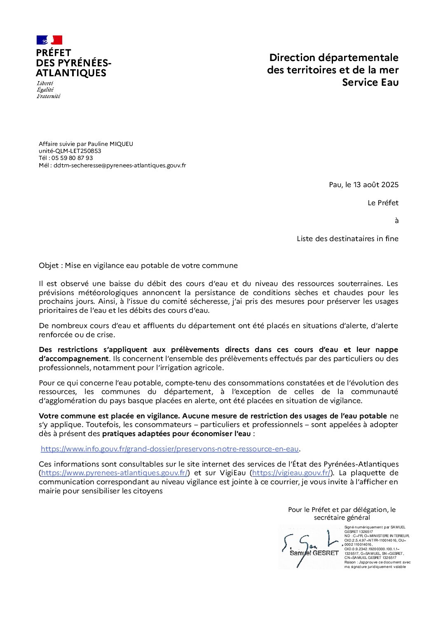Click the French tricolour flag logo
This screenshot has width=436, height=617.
tap(49, 40)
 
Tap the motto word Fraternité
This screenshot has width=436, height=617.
tap(48, 96)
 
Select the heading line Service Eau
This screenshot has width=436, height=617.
tap(370, 82)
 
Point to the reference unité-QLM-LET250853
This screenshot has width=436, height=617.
tap(70, 151)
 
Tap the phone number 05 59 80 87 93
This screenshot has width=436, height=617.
tap(72, 158)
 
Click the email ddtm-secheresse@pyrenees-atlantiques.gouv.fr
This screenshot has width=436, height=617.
tap(120, 165)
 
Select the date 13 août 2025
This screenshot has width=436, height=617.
tap(376, 185)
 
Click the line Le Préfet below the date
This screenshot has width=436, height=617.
tap(383, 203)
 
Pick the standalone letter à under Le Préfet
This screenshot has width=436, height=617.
tap(396, 221)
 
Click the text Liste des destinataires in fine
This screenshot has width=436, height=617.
tap(347, 239)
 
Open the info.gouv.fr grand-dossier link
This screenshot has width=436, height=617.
tap(169, 449)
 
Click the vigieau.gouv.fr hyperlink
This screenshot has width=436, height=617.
tap(291, 473)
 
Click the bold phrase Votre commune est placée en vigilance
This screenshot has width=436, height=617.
tap(109, 416)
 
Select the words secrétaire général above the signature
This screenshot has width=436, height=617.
tap(342, 518)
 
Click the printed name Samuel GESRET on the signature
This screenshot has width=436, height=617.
tap(314, 553)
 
